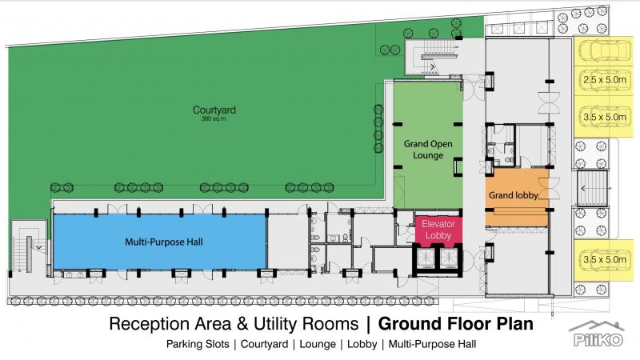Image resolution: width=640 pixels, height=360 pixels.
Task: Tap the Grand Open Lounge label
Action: [x=424, y=149]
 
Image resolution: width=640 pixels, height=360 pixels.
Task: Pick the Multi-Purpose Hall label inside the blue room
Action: [x=157, y=241]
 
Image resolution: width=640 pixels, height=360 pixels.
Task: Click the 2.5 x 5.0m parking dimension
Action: [x=605, y=80]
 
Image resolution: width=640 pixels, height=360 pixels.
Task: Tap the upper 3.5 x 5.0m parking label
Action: [x=605, y=116]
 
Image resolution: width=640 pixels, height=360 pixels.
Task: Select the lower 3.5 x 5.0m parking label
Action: [x=605, y=258]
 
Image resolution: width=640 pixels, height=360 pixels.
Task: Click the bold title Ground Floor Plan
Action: [x=455, y=325]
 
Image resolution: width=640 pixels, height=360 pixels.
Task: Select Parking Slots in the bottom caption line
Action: [x=198, y=346]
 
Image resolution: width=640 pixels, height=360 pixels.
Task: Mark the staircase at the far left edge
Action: [x=26, y=249]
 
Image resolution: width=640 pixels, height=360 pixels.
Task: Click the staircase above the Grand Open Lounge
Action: [x=432, y=56]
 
